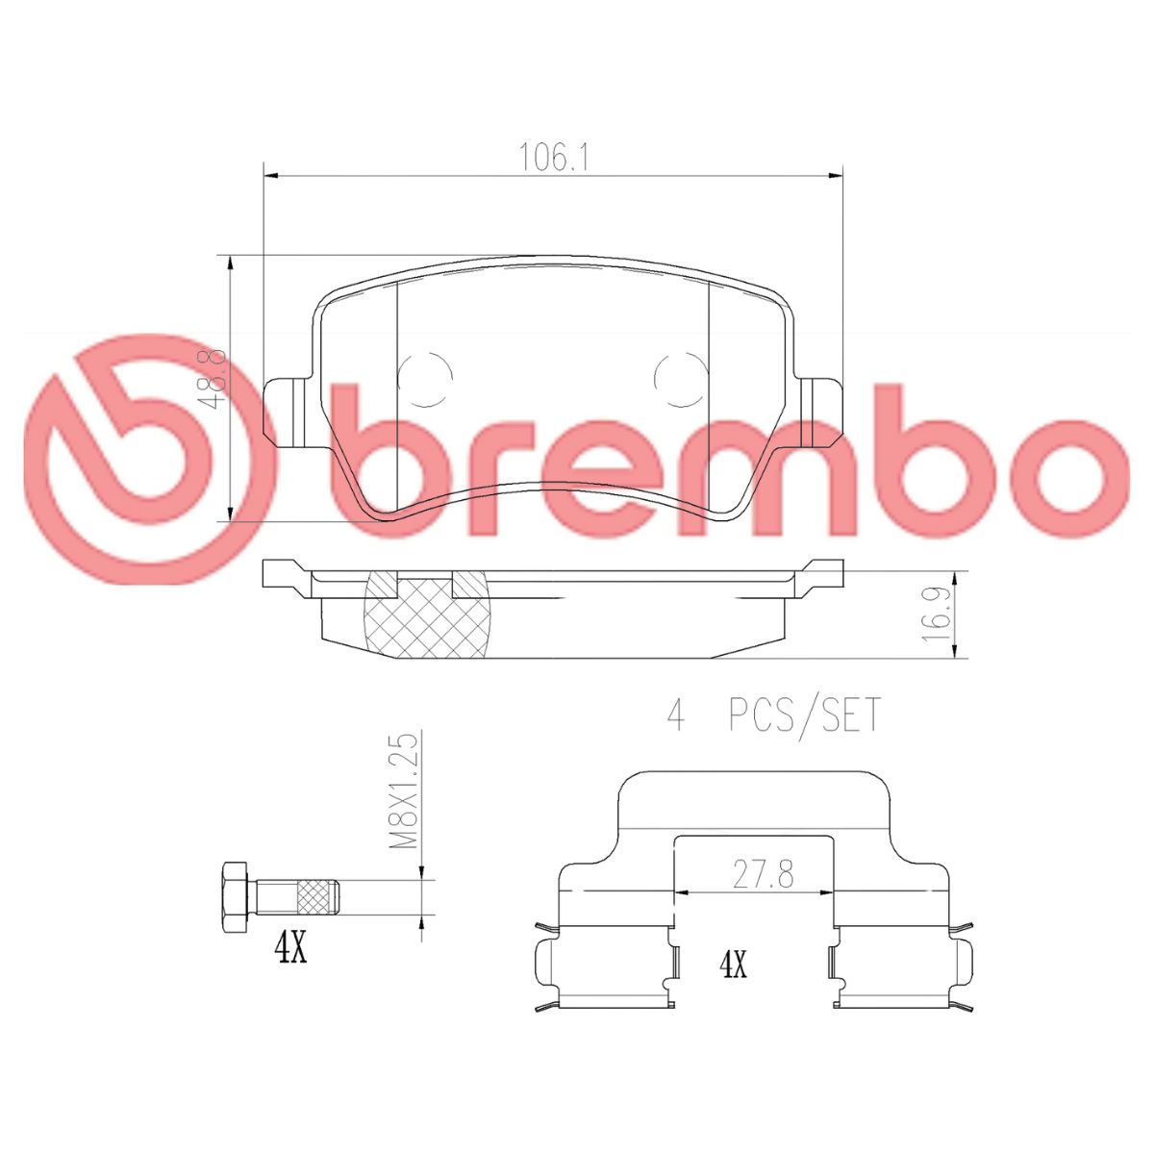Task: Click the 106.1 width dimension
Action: click(x=553, y=158)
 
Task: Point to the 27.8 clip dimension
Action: click(x=763, y=875)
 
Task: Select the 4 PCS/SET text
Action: click(x=774, y=715)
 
